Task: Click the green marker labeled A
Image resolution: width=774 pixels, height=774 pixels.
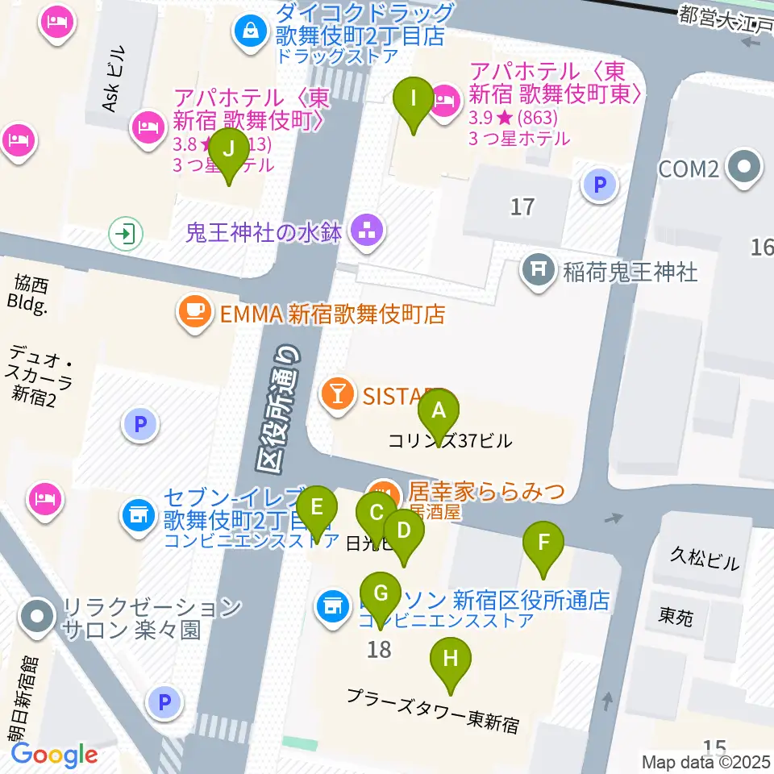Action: click(438, 411)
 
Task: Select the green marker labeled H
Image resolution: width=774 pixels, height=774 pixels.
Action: click(451, 660)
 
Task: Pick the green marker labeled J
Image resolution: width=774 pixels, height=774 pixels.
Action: click(229, 150)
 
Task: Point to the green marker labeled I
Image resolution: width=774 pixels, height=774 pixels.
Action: click(413, 99)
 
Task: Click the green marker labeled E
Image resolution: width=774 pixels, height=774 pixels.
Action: click(316, 509)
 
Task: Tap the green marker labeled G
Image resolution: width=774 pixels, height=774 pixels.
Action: click(381, 594)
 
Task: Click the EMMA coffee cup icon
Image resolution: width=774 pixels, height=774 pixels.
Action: click(194, 312)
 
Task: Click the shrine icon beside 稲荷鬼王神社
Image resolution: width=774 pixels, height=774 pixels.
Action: click(536, 272)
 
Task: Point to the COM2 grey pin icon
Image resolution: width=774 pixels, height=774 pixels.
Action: click(743, 169)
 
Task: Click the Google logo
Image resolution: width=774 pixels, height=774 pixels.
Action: click(54, 755)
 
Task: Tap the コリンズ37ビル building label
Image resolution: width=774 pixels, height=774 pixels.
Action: click(449, 441)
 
